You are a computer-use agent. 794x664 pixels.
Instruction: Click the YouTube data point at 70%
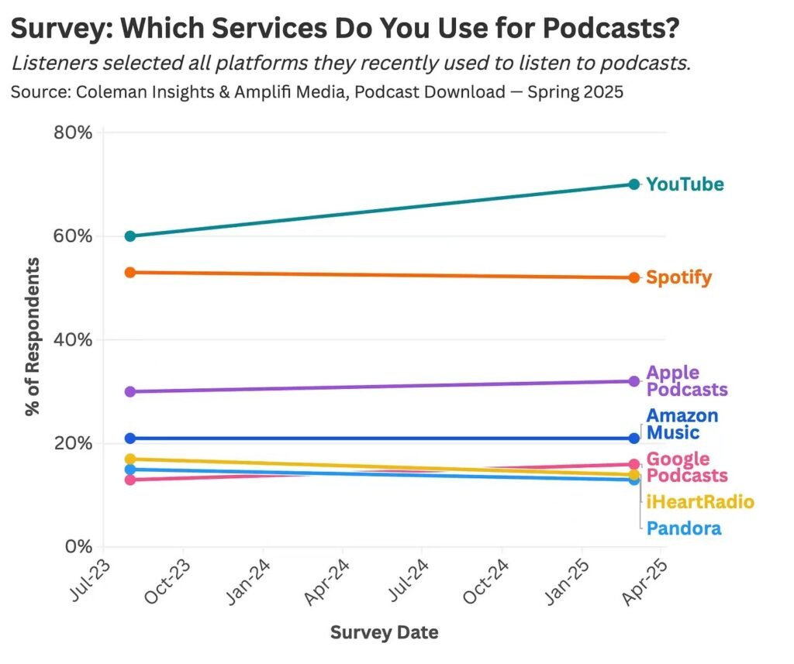[633, 184]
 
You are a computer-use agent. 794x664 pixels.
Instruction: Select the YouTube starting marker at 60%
[130, 236]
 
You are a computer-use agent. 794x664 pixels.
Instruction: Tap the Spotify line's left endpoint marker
[130, 273]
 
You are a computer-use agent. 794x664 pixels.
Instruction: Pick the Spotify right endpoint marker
[633, 277]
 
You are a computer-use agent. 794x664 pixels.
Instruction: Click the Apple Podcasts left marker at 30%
[130, 391]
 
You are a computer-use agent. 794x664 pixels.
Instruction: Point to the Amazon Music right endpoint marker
[633, 439]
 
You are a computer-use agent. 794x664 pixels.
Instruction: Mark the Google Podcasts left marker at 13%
[130, 480]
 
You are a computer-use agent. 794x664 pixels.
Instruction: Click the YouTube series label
[685, 184]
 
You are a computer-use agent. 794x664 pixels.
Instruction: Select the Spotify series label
[678, 277]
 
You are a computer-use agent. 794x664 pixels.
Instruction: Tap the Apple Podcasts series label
[686, 381]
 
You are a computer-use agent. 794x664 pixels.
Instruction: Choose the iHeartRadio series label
[699, 502]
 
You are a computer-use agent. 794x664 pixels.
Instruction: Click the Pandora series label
[683, 528]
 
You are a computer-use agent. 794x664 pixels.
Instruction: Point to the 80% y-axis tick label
[73, 132]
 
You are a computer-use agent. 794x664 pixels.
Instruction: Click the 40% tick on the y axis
[73, 340]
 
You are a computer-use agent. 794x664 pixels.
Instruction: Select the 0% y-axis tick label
[78, 547]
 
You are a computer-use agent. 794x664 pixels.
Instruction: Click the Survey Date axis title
[384, 632]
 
